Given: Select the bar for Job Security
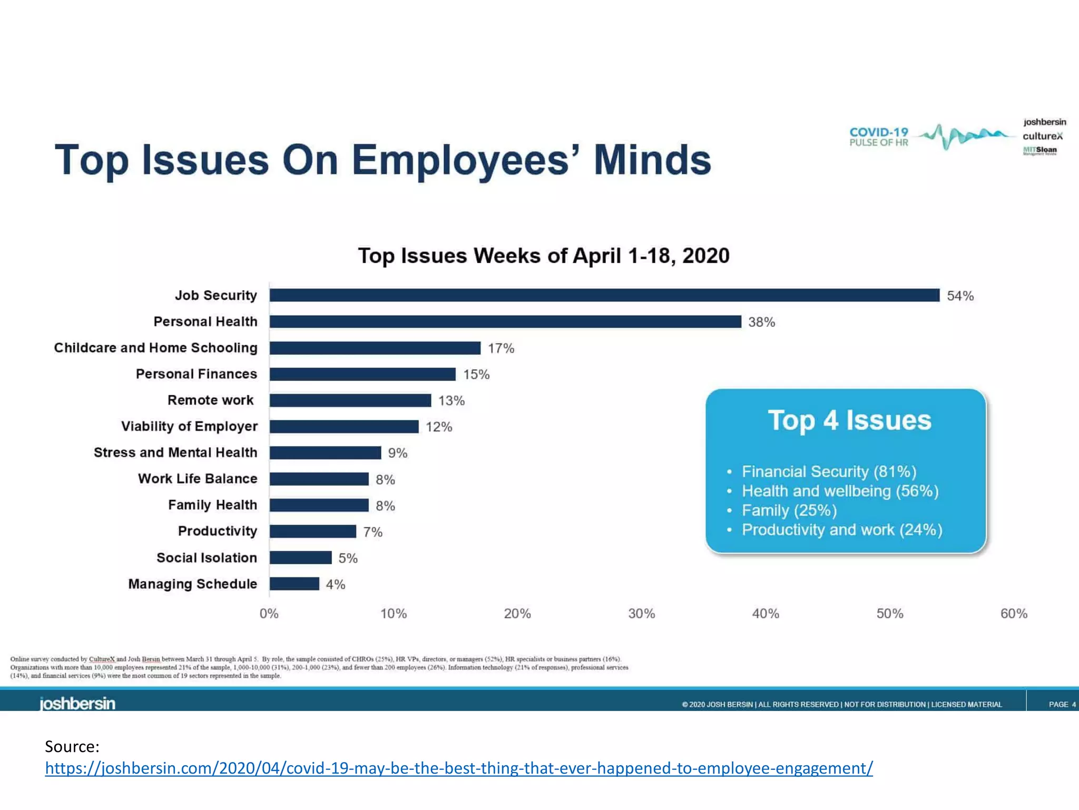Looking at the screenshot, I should pyautogui.click(x=604, y=295).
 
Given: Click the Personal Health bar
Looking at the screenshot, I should pyautogui.click(x=505, y=322).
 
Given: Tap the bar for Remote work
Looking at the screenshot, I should pyautogui.click(x=350, y=400).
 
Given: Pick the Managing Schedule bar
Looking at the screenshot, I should pyautogui.click(x=295, y=584).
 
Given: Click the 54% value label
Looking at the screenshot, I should pyautogui.click(x=960, y=296).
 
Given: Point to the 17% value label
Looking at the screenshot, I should pyautogui.click(x=501, y=349).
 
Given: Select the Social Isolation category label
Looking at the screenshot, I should pyautogui.click(x=207, y=557).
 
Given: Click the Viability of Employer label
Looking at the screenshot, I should pyautogui.click(x=189, y=426).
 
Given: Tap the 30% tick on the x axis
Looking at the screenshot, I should pyautogui.click(x=641, y=613).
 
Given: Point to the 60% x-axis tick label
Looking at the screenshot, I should pyautogui.click(x=1014, y=613).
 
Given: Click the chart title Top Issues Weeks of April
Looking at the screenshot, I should pyautogui.click(x=544, y=256).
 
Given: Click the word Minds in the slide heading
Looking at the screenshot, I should pyautogui.click(x=652, y=160).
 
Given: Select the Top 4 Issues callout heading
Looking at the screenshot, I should pyautogui.click(x=849, y=420).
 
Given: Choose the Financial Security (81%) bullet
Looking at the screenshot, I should pyautogui.click(x=829, y=471).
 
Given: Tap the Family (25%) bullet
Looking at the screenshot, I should pyautogui.click(x=789, y=510).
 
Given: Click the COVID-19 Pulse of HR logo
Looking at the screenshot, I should pyautogui.click(x=879, y=137).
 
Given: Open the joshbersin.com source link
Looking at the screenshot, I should pyautogui.click(x=458, y=768).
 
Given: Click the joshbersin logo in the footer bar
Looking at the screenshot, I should pyautogui.click(x=77, y=703).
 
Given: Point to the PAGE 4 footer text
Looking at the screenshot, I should pyautogui.click(x=1062, y=705).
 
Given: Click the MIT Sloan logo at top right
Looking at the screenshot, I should pyautogui.click(x=1039, y=150).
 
